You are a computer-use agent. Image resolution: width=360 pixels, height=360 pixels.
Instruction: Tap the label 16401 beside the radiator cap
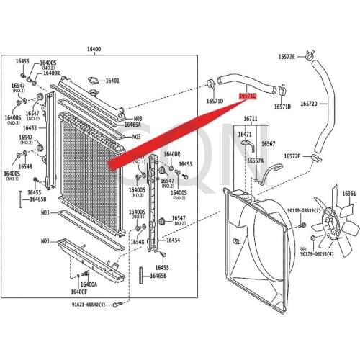(112, 81)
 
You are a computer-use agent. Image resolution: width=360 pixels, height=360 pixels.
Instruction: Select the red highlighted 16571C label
(247, 95)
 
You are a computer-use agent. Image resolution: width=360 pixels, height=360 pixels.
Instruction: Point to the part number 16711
(250, 118)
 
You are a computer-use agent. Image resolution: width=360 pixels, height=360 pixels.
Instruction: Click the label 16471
(245, 134)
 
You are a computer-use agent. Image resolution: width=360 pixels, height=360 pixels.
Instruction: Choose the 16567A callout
(256, 161)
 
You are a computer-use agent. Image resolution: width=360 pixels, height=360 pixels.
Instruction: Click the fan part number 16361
(348, 193)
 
